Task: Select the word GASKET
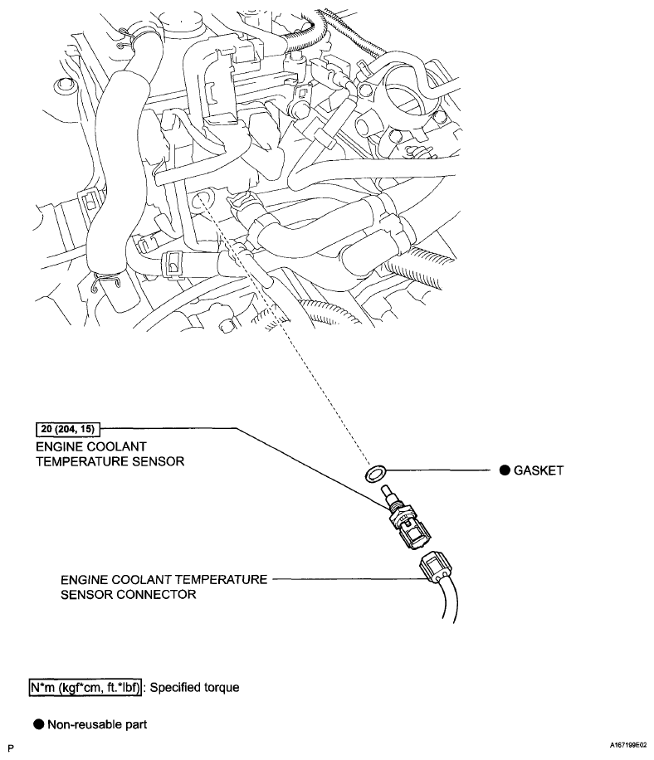[x=539, y=470]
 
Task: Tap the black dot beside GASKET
[x=504, y=470]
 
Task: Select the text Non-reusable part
[x=97, y=724]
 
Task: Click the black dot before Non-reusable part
[x=38, y=724]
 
